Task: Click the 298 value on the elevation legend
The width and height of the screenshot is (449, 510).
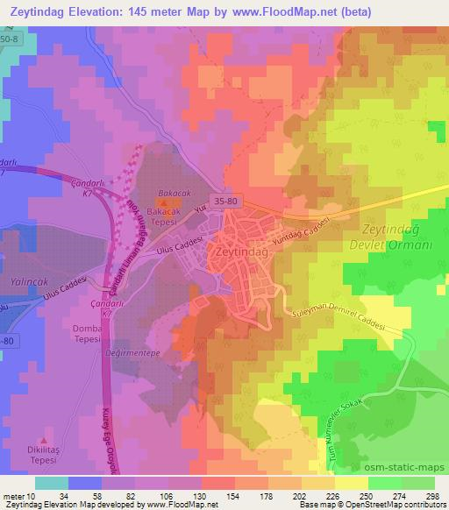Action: point(431,495)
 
